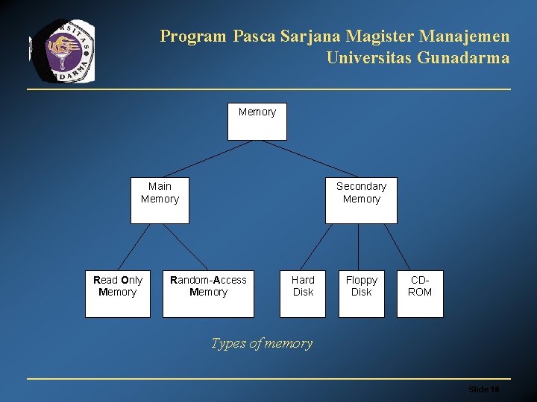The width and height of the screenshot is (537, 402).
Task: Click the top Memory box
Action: tap(257, 121)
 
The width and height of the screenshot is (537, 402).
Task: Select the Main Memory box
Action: tap(160, 200)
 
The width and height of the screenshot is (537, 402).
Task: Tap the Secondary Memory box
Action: tap(361, 200)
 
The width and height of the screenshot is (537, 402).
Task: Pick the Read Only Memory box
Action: tap(117, 293)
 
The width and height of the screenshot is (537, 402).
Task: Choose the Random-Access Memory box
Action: tap(208, 293)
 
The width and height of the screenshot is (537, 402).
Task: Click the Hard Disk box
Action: tap(303, 293)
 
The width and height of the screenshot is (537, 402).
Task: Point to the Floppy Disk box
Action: tap(362, 293)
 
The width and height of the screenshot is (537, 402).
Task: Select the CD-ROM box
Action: tap(420, 293)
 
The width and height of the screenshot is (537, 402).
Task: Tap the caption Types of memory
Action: tap(261, 343)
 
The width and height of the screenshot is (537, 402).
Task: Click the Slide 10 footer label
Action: tap(483, 389)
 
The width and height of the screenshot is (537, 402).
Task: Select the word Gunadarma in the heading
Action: tap(464, 57)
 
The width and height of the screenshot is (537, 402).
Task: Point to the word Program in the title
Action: tap(192, 36)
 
